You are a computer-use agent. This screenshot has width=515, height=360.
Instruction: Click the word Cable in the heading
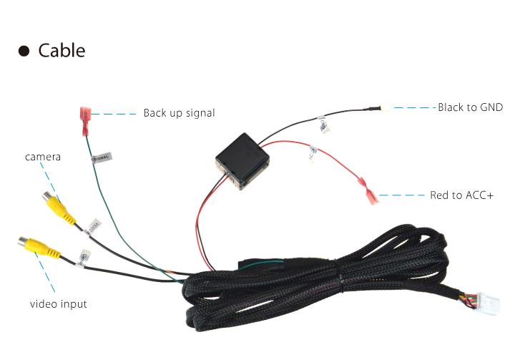62,51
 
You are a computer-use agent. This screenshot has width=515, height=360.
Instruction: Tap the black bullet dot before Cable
24,52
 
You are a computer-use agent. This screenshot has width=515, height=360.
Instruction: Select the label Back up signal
179,113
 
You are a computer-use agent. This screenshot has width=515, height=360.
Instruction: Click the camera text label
43,156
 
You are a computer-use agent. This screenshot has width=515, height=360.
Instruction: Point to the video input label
58,304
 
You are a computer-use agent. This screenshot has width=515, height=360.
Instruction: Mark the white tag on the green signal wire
102,156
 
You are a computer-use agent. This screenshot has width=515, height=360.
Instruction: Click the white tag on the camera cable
92,228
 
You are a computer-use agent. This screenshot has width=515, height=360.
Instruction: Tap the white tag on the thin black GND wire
323,125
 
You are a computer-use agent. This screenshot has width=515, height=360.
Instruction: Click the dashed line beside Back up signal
114,113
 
